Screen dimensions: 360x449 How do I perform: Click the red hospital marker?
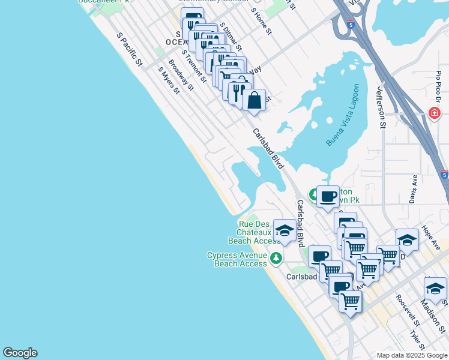point(434,113)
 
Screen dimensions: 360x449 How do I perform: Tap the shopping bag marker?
point(254,100)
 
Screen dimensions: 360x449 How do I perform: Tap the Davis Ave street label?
point(414,188)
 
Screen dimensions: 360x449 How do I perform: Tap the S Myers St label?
point(169,80)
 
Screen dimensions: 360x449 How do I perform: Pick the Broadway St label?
point(181,74)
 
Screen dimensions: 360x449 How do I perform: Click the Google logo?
point(20,353)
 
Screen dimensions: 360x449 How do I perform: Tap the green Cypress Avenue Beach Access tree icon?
point(276,259)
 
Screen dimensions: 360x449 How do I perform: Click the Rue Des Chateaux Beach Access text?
point(253,232)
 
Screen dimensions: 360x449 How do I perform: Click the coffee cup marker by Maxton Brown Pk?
point(328,196)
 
